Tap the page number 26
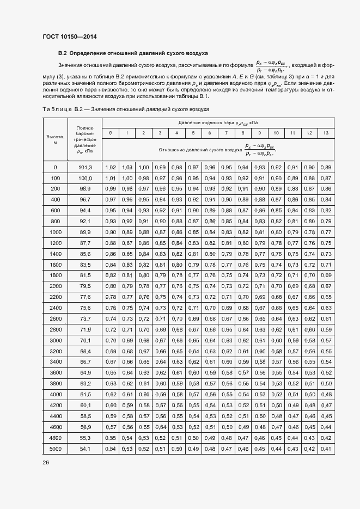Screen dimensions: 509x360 46,463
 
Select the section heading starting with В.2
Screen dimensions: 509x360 133,54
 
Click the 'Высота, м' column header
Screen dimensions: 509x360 55,140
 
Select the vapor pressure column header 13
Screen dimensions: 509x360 326,133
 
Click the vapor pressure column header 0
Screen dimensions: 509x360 111,133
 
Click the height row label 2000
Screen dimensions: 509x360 55,286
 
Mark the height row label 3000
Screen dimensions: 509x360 55,340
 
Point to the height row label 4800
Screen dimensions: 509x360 55,438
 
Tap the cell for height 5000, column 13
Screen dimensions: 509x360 326,449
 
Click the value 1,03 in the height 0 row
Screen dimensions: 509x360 127,167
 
